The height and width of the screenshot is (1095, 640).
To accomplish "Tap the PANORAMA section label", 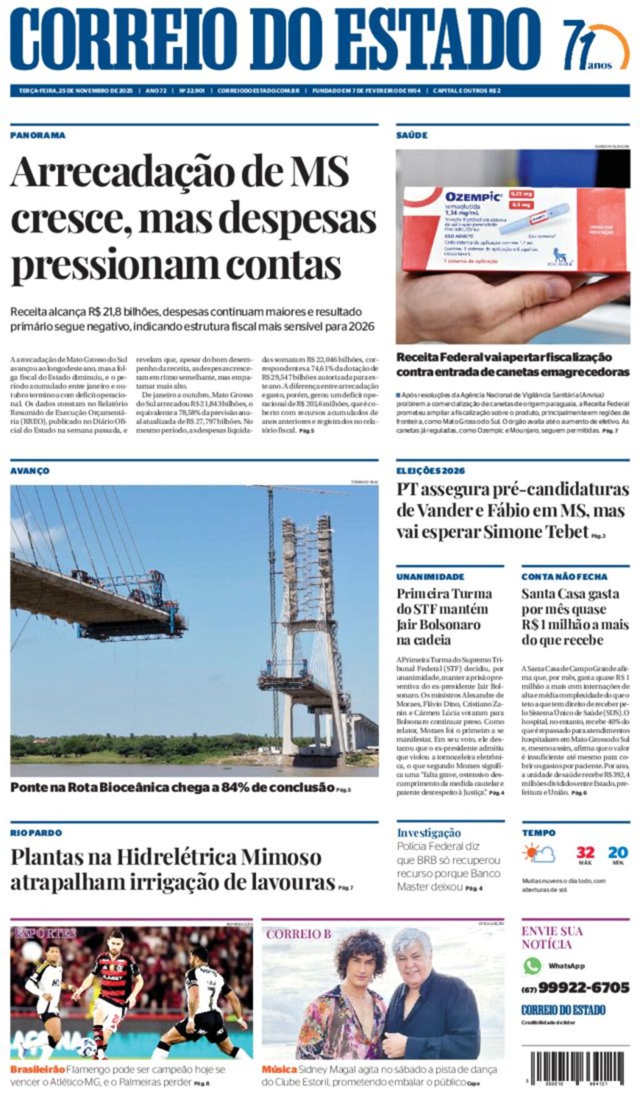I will click(37, 135).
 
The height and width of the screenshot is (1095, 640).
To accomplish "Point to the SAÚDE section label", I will click(412, 135).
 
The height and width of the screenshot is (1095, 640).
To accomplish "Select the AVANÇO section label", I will click(29, 471).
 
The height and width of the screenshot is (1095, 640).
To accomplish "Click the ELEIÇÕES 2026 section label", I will click(431, 471).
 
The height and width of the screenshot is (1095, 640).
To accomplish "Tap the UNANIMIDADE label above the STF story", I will click(430, 576).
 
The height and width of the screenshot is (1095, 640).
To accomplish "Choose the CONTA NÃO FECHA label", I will click(564, 576).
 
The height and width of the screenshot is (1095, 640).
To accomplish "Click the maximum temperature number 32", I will click(585, 852).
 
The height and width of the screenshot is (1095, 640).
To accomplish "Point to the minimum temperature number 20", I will click(617, 852).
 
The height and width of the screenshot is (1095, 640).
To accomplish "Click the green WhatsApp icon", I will click(532, 966).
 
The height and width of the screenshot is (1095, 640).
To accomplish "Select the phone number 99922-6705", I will click(583, 987).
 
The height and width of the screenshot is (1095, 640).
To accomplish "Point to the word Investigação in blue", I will click(429, 832).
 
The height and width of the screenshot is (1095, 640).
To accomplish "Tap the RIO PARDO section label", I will click(36, 832).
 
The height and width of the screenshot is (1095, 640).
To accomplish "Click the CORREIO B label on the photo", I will click(299, 934).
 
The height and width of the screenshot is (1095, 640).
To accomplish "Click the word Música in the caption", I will click(279, 1069).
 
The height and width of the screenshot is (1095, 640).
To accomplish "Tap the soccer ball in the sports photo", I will click(87, 1046).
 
